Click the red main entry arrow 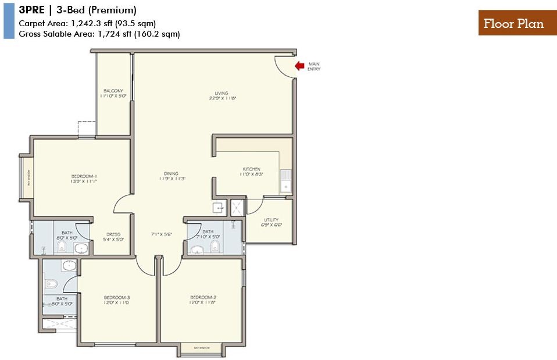point(299,66)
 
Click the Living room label point(221,93)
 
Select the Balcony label point(113,91)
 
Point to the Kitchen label point(252,169)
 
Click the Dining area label point(171,173)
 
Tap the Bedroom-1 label point(84,176)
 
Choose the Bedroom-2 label point(202,298)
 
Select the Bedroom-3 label point(116,298)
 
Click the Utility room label point(271,220)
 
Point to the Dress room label point(113,234)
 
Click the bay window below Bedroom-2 point(202,348)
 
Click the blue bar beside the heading point(9,20)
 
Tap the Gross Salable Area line point(99,34)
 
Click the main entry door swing point(283,67)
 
